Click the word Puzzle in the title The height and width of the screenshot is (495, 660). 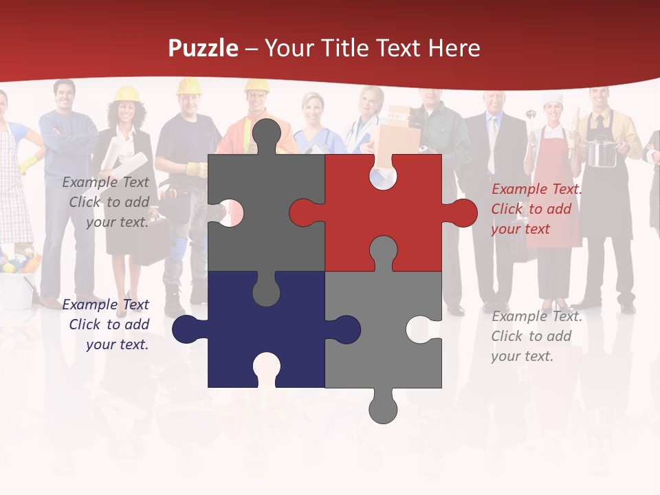(203, 49)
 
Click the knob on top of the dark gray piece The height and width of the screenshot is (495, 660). (266, 135)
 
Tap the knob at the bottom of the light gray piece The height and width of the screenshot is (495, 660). (383, 408)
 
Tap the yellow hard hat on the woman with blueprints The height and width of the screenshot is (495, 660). (126, 93)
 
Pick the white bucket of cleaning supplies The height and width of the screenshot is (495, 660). (17, 289)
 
